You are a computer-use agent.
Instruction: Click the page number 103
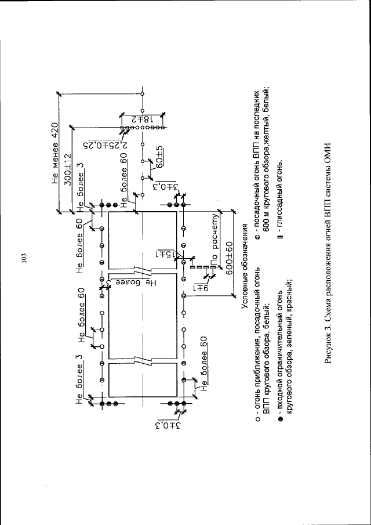24,259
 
